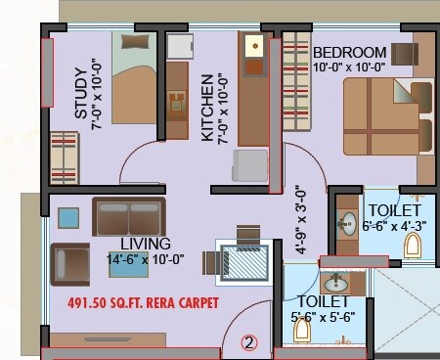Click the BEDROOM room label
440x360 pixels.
(x=349, y=51)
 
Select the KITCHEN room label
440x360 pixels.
(x=207, y=108)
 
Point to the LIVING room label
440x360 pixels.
(x=146, y=243)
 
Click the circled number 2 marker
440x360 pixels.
(x=250, y=342)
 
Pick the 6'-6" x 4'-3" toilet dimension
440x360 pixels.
(x=394, y=225)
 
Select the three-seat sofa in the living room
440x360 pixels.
(x=128, y=214)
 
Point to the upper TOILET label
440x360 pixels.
(x=394, y=210)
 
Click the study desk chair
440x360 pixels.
(x=177, y=101)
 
